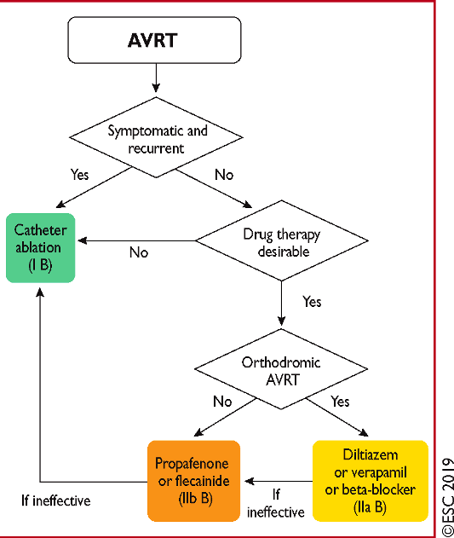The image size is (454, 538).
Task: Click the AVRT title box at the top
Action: click(154, 40)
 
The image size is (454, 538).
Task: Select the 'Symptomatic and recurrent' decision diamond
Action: click(156, 137)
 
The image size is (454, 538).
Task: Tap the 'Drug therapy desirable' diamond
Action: click(282, 240)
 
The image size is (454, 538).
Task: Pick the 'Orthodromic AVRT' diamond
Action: click(281, 369)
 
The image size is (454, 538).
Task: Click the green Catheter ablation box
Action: click(41, 248)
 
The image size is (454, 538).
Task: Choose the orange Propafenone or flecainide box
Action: click(193, 481)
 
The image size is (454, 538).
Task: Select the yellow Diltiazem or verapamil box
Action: click(371, 481)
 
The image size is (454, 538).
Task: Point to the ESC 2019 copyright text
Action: click(447, 497)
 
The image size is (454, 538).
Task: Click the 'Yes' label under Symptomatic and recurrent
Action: click(79, 174)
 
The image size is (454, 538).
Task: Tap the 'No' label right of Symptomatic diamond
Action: click(224, 175)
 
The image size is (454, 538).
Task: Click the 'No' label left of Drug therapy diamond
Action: click(139, 252)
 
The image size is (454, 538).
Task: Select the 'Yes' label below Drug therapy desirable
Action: click(312, 302)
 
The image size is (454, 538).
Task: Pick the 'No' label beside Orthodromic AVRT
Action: click(222, 401)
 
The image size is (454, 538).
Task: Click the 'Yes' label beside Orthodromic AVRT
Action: click(340, 401)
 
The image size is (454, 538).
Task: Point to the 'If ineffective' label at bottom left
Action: click(56, 500)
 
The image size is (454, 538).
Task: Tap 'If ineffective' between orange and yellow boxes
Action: click(276, 503)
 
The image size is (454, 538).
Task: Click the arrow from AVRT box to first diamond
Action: click(156, 78)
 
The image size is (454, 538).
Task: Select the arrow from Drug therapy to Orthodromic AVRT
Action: click(282, 304)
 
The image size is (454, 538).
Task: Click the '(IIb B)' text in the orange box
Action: click(195, 499)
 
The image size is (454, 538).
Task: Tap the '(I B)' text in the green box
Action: click(40, 265)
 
